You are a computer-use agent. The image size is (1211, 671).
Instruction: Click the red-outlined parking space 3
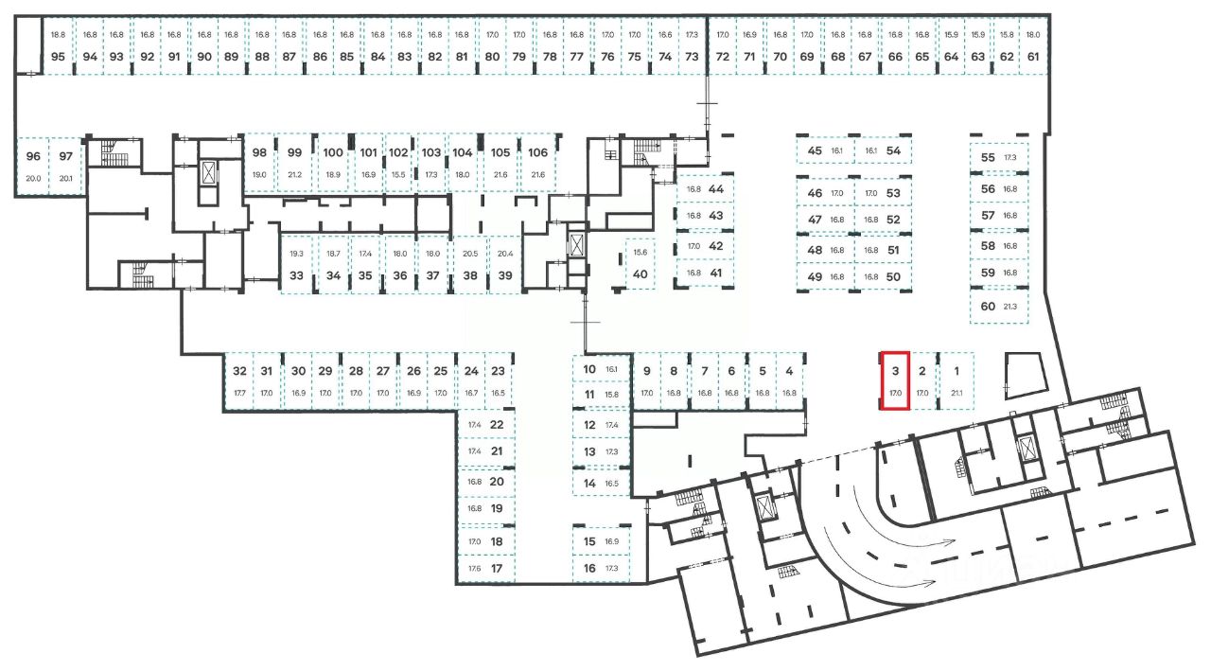[x=895, y=380]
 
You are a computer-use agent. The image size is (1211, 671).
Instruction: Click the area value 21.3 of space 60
[x=1010, y=307]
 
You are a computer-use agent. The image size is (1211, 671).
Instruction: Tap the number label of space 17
[x=497, y=569]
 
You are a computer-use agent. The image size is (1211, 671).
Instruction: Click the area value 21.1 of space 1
[x=957, y=393]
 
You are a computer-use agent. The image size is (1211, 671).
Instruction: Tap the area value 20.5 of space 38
[x=470, y=254]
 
